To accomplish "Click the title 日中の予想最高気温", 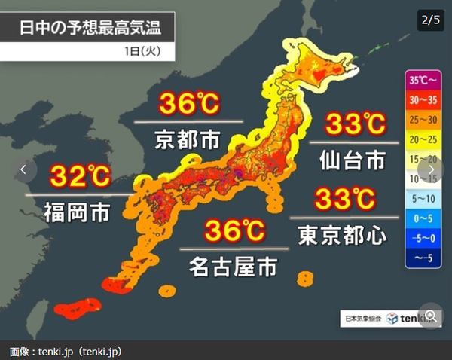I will click(90, 29).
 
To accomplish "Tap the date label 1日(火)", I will click(154, 52).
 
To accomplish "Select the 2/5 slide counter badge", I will click(429, 20).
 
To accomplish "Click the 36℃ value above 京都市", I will click(188, 105).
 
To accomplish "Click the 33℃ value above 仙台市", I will click(354, 123).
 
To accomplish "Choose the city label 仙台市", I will click(354, 159).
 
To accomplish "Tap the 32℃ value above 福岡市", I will click(80, 176).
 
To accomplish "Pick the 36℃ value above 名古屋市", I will click(234, 231).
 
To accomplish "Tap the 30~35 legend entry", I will click(422, 99).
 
